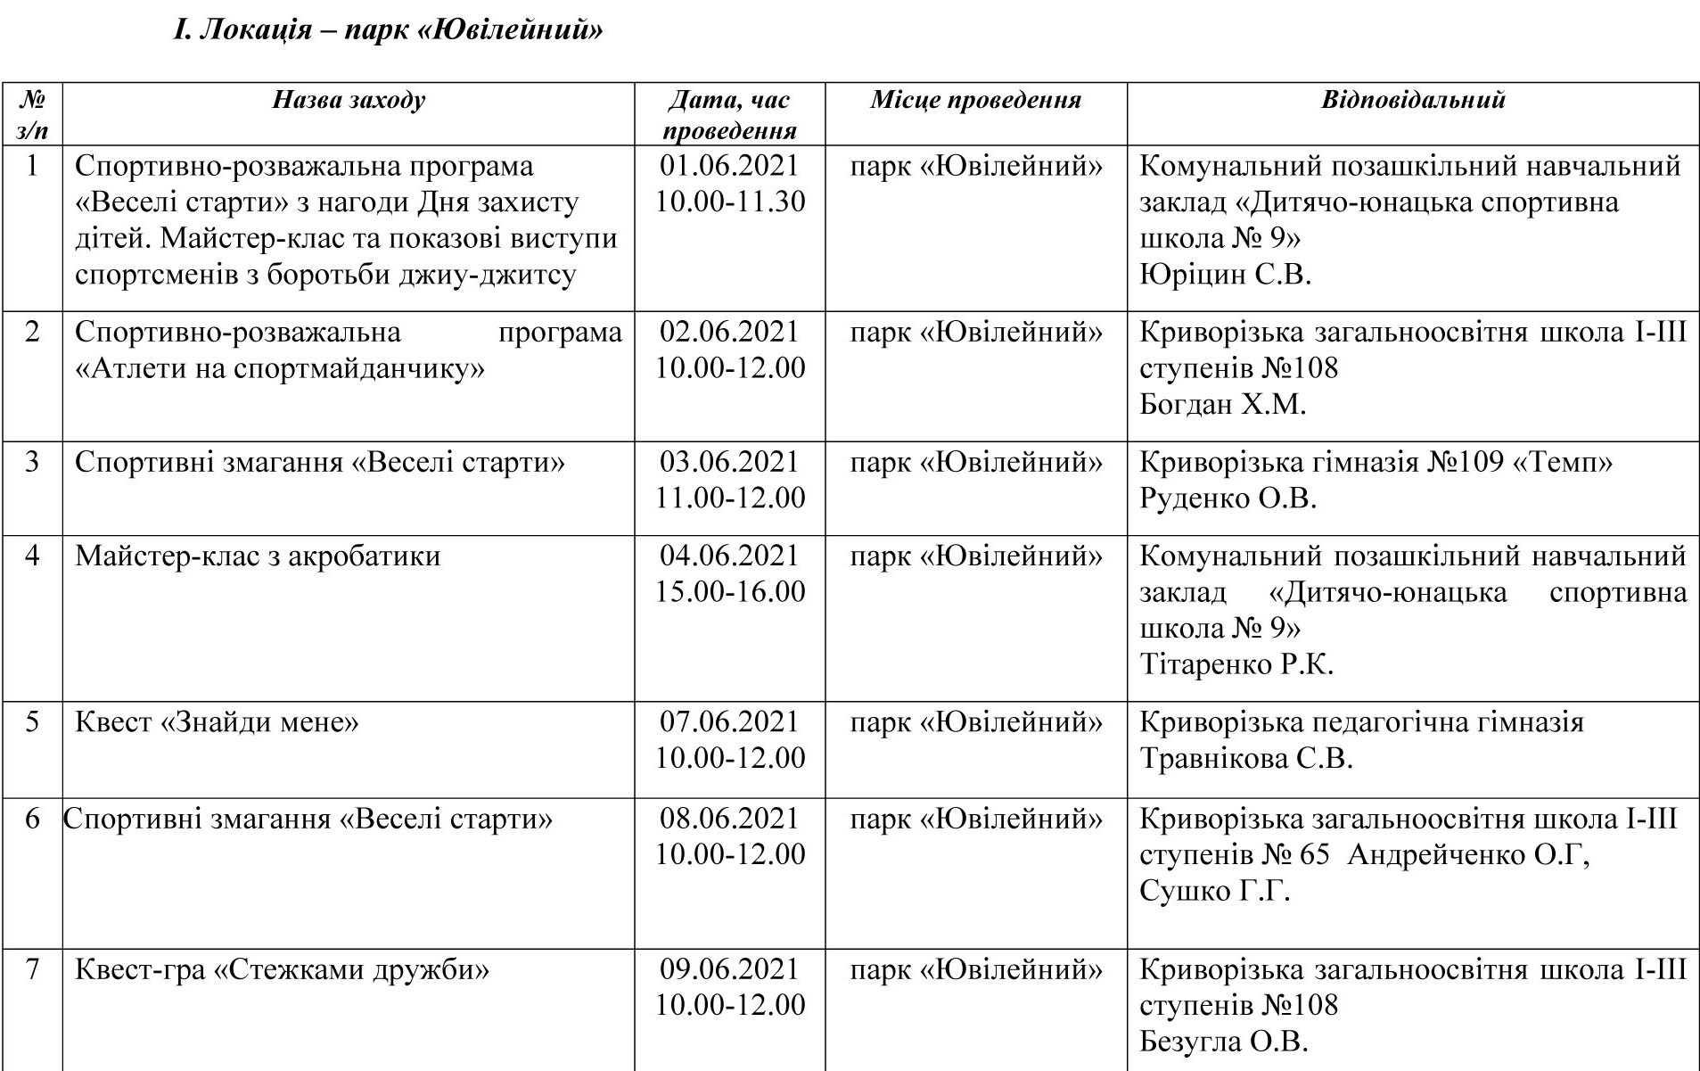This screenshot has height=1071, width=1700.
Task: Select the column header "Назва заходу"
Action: coord(349,99)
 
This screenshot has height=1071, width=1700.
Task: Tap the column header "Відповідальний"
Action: coord(1412,99)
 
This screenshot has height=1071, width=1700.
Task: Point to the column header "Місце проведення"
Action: coord(975,99)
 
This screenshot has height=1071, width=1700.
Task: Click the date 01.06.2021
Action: coord(729,166)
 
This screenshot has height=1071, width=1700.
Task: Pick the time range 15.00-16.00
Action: coord(730,592)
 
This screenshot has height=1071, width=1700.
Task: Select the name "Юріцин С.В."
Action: coord(1225,274)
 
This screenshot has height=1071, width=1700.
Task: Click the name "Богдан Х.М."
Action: coord(1222,405)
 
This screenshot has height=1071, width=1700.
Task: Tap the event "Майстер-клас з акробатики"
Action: coord(258,556)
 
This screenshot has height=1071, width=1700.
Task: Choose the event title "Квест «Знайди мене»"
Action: coord(217,721)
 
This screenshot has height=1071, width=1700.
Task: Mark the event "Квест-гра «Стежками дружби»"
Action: coord(282,969)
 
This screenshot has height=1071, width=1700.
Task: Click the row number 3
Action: coord(32,463)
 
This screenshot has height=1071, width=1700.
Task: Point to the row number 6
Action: coord(32,819)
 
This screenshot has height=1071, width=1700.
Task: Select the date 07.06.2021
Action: coord(729,721)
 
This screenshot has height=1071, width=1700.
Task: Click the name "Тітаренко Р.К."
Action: coord(1236,664)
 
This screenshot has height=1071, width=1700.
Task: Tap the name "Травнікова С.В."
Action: coord(1246,758)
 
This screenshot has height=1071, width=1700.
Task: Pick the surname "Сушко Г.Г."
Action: coord(1214,891)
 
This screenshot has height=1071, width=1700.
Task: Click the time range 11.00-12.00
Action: coord(730,498)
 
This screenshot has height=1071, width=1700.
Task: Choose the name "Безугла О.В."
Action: coord(1224,1042)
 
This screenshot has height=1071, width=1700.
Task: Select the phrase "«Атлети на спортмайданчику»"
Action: coord(280,368)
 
